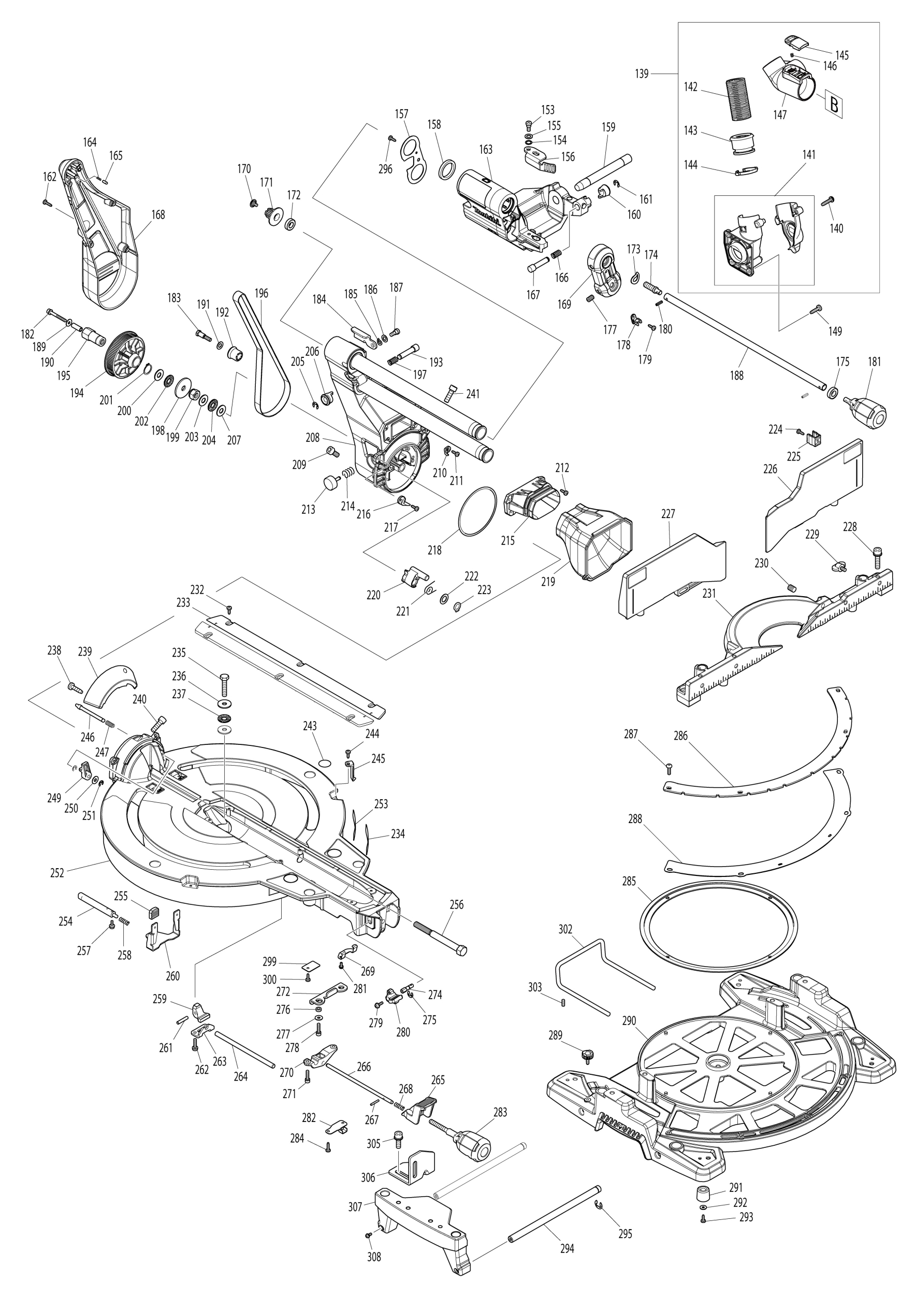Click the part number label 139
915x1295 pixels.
click(642, 74)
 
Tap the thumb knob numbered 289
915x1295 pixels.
click(587, 1054)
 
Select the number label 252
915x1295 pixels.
click(57, 872)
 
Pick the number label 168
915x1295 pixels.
click(158, 214)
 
